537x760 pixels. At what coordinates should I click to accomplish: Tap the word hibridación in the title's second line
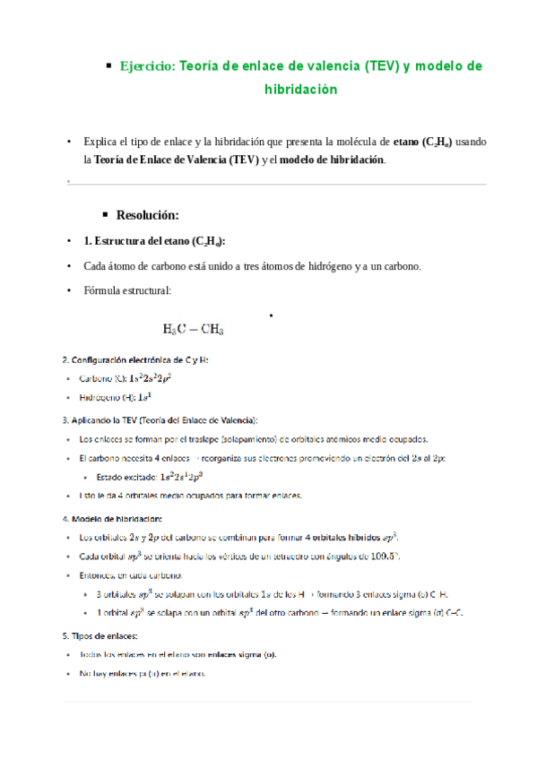pyautogui.click(x=300, y=90)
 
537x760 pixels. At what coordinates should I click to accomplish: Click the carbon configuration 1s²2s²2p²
pyautogui.click(x=147, y=378)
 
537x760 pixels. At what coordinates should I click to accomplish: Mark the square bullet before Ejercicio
pyautogui.click(x=108, y=65)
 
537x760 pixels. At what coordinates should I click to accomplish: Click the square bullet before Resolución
pyautogui.click(x=107, y=215)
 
